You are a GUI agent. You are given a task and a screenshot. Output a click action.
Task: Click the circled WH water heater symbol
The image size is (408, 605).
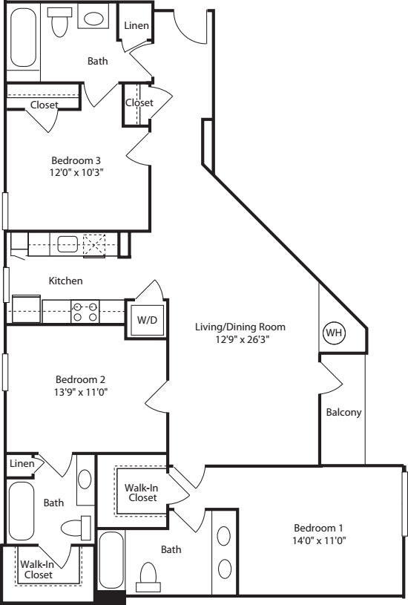[x=334, y=333]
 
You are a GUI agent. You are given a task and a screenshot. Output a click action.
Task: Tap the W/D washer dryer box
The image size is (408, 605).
[x=147, y=321]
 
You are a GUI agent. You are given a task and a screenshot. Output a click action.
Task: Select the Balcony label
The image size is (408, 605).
[x=343, y=413]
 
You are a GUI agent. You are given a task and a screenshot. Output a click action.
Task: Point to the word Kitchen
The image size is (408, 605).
[x=66, y=281]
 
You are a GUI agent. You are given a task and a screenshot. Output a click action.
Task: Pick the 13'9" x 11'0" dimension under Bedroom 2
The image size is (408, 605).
[x=76, y=392]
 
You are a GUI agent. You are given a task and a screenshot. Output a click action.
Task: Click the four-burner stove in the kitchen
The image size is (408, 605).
[x=85, y=312]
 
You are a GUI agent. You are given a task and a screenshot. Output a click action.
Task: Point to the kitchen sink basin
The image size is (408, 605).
[x=68, y=244]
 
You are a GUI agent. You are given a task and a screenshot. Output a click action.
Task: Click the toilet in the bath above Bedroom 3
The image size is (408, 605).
[x=60, y=23]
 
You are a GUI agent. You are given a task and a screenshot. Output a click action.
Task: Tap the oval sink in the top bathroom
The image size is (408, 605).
[x=93, y=19]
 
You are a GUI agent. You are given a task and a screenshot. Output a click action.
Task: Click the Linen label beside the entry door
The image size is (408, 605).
[x=136, y=26]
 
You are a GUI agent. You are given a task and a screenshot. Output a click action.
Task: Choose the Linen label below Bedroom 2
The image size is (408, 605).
[x=22, y=464]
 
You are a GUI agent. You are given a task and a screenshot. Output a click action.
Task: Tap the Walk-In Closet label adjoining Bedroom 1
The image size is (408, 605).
[x=141, y=492]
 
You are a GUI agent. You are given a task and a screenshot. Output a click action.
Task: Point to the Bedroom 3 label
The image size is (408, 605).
[x=76, y=160]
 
